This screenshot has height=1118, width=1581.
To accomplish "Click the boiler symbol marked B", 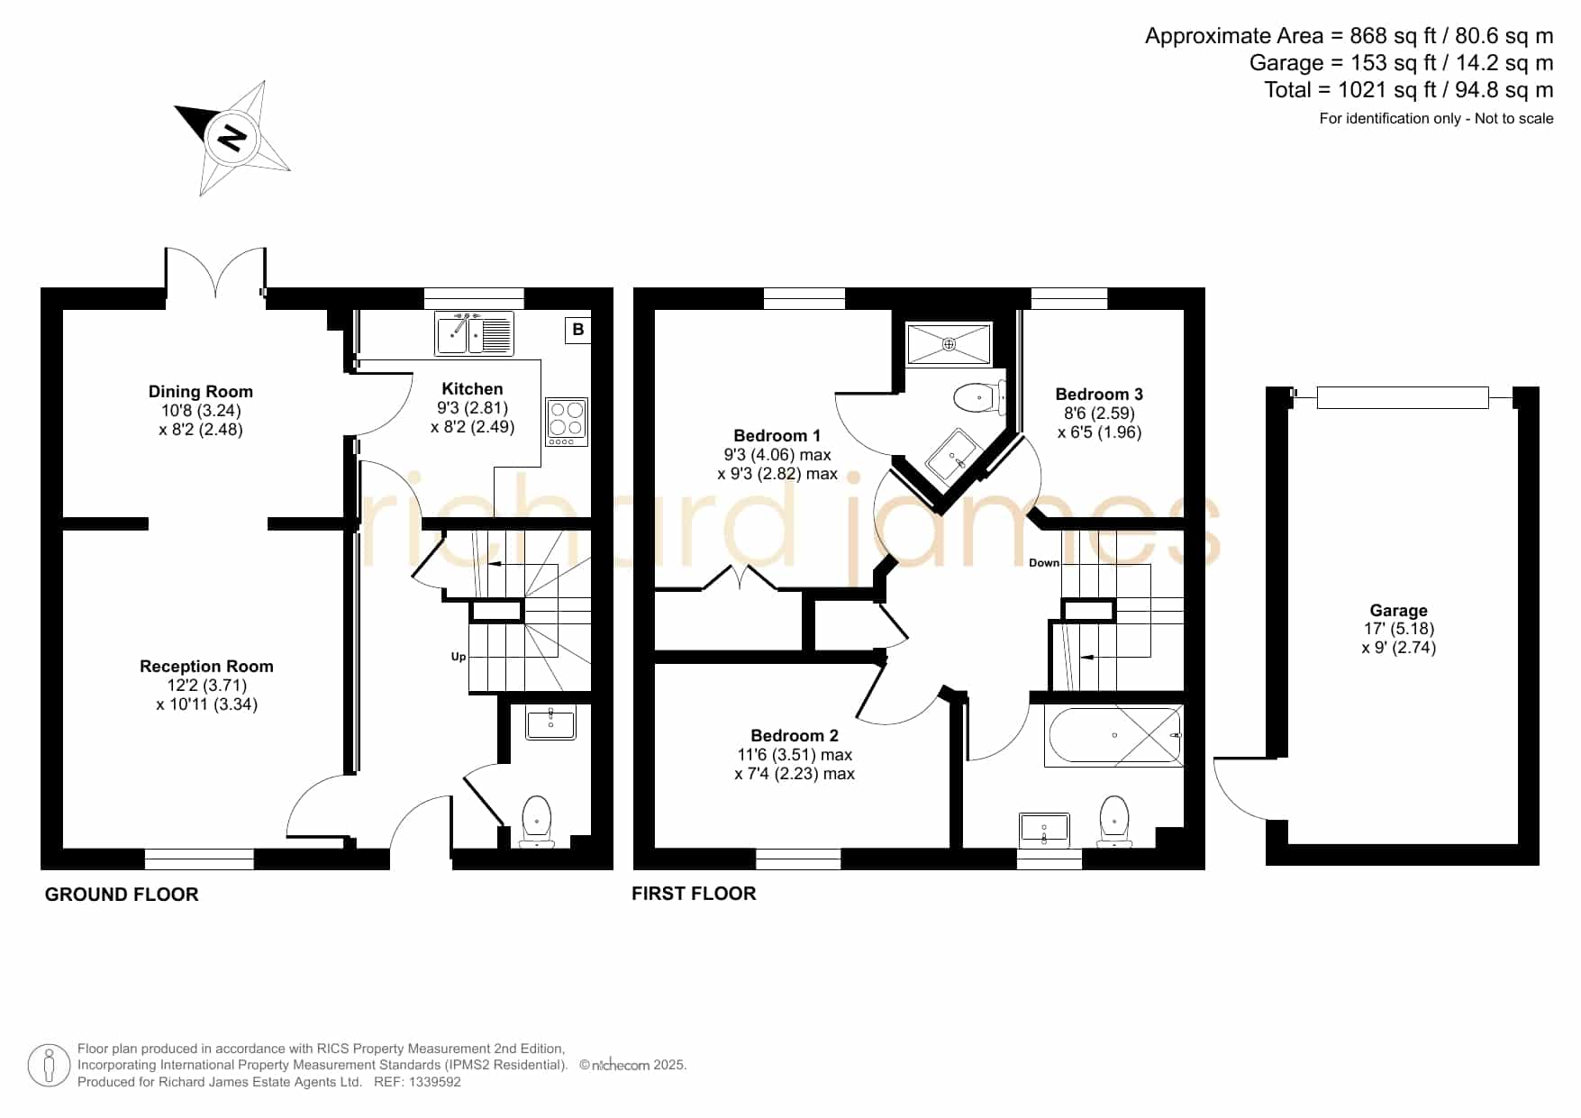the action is point(577,330).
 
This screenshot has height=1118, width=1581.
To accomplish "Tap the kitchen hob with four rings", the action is point(567,422).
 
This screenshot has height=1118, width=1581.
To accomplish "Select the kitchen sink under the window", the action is point(474,333).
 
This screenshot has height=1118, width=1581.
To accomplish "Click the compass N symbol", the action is point(232,138).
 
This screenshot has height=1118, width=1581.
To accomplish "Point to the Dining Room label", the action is point(201,391).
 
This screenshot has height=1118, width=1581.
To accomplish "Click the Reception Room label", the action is point(206,667).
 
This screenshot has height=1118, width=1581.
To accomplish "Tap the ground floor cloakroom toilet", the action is point(537,821).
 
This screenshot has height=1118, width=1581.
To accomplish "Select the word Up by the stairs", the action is point(459,657).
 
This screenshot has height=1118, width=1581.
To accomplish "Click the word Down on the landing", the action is point(1044,563).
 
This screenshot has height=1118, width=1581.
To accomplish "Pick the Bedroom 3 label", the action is point(1099,394).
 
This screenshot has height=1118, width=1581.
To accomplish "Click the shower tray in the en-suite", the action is point(949,344).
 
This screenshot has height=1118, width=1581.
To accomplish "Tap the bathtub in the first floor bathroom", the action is point(1114,736).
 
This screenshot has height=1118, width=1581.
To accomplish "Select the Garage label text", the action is point(1399,610).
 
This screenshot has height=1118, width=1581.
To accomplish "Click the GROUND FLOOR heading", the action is point(122,895).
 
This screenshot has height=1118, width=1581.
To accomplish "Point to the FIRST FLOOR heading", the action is point(694,894).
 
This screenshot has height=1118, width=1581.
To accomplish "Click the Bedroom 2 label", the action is point(795,735).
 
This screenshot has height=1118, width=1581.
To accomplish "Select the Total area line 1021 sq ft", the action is point(1409,90).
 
